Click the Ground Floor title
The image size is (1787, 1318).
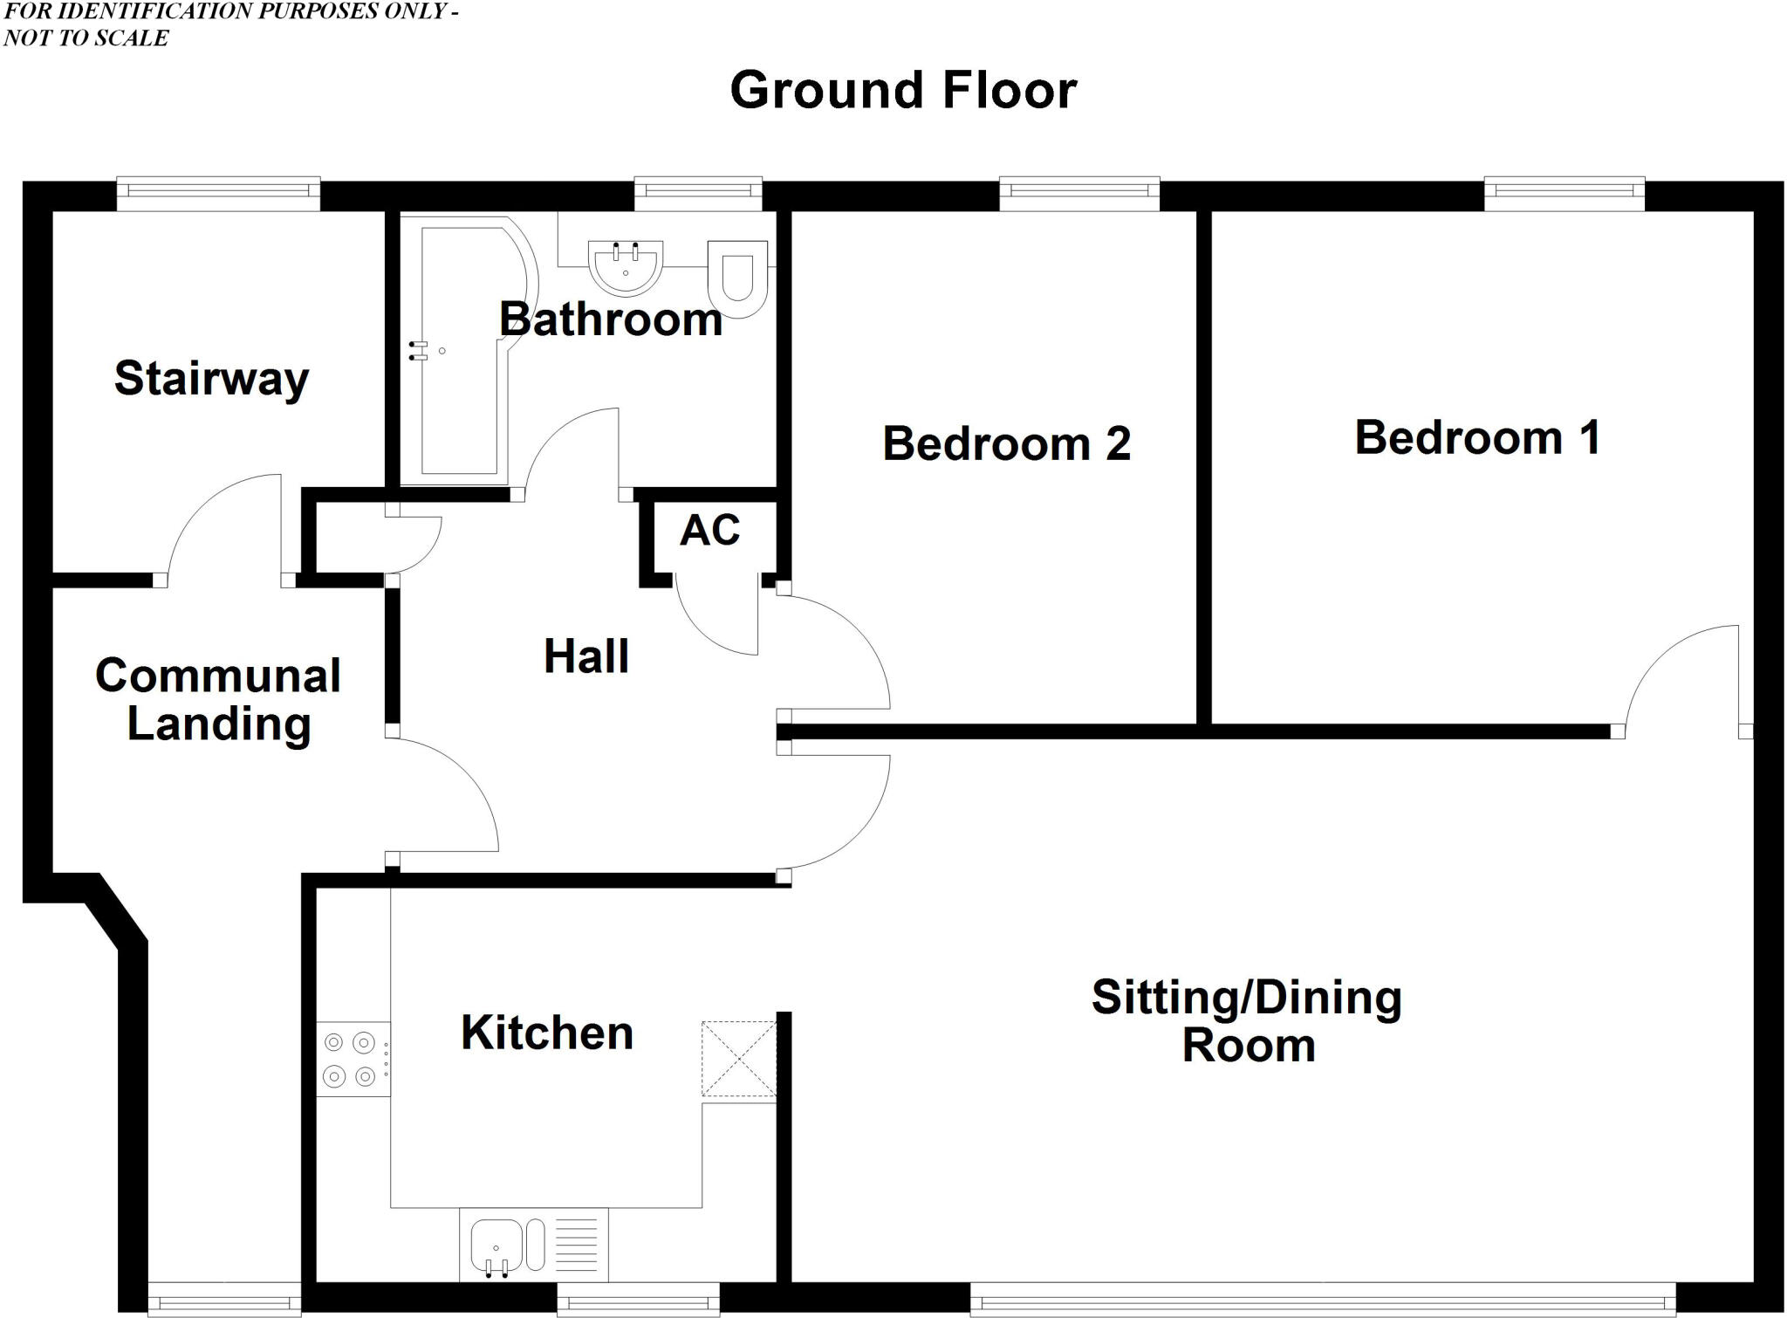pyautogui.click(x=903, y=90)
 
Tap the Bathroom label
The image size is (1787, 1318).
pyautogui.click(x=611, y=319)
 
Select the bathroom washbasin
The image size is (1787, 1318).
pyautogui.click(x=626, y=264)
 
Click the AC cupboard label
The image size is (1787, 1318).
pyautogui.click(x=709, y=530)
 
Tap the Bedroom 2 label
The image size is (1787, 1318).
pyautogui.click(x=1006, y=443)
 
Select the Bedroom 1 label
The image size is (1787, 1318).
pyautogui.click(x=1477, y=437)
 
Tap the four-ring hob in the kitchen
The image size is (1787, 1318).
pyautogui.click(x=350, y=1059)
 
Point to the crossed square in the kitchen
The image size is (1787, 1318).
pyautogui.click(x=738, y=1059)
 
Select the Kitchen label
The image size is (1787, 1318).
pyautogui.click(x=547, y=1033)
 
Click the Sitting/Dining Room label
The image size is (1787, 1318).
pyautogui.click(x=1247, y=1021)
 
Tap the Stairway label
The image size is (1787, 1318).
pyautogui.click(x=211, y=379)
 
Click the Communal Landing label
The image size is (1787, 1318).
pyautogui.click(x=218, y=700)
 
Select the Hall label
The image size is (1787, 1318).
pyautogui.click(x=585, y=656)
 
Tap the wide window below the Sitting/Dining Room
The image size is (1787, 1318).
pyautogui.click(x=1322, y=1300)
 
